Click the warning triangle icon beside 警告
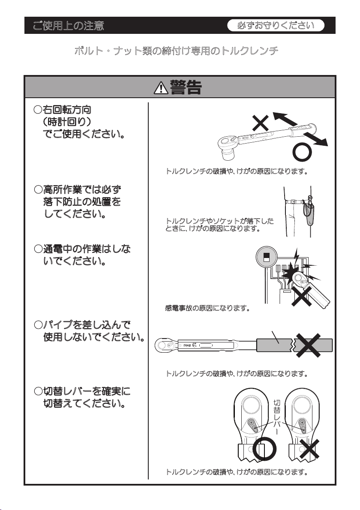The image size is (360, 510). [161, 88]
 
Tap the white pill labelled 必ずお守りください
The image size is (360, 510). [276, 25]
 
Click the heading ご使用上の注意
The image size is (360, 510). [68, 25]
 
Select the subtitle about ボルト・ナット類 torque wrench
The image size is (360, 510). [176, 51]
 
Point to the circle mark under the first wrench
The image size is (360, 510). [302, 152]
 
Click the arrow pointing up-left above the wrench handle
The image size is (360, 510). [285, 119]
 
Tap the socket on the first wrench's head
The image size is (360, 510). [229, 153]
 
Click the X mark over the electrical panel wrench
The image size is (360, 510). [301, 296]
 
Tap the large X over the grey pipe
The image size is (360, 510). [308, 345]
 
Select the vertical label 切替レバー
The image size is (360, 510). [277, 417]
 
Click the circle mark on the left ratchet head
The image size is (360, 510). [265, 450]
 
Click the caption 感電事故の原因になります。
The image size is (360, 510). [207, 308]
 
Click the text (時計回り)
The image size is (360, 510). [67, 122]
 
